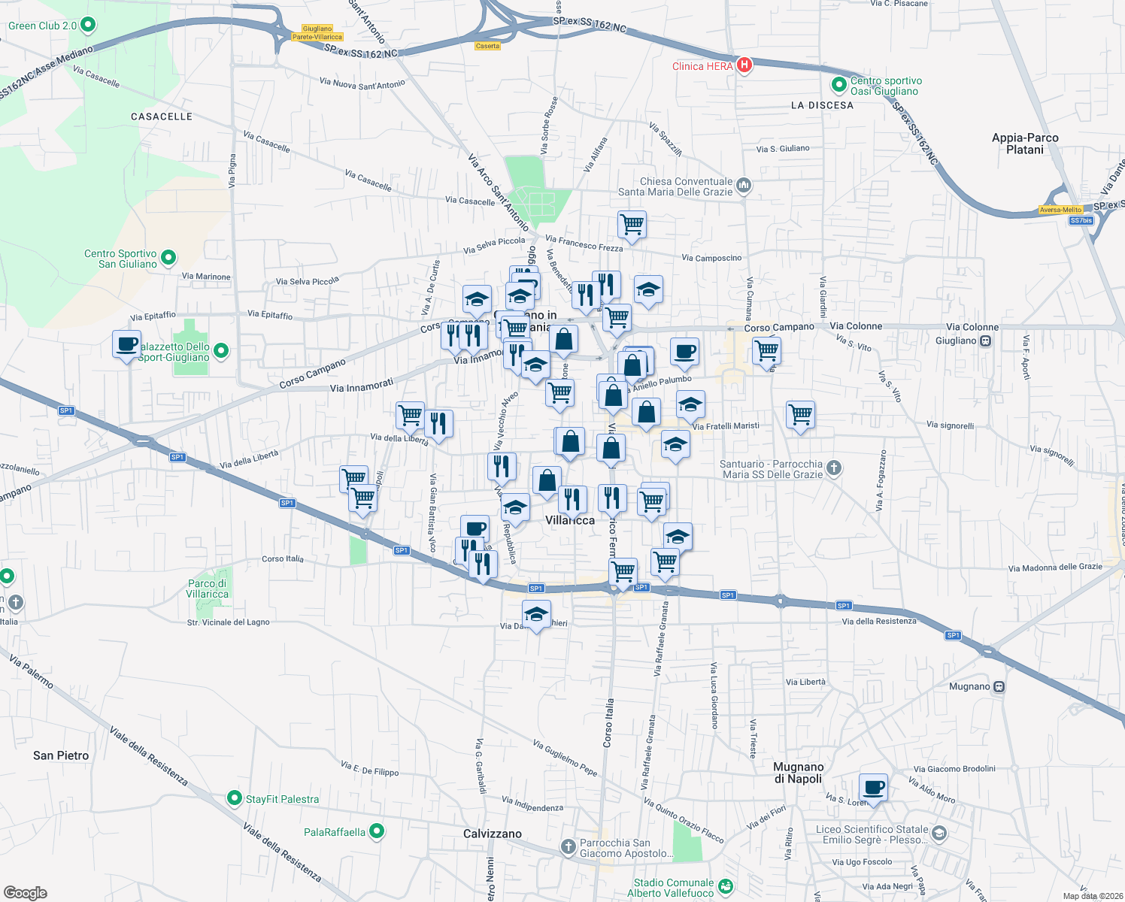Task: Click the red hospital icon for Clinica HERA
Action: [744, 65]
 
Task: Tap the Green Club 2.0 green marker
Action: [87, 26]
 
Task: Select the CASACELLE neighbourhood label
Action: [162, 117]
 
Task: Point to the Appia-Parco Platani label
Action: [1025, 144]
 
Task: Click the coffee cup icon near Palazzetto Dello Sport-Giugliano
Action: [127, 345]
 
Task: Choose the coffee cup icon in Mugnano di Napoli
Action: [873, 788]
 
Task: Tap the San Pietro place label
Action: [61, 755]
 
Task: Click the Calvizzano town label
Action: [493, 834]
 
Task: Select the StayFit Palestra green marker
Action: [235, 798]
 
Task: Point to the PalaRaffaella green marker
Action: [377, 831]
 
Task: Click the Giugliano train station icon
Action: [986, 341]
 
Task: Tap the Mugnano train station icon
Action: [999, 686]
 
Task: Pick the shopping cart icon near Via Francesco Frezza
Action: [632, 224]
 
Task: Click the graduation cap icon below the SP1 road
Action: [536, 615]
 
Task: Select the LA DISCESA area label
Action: [822, 105]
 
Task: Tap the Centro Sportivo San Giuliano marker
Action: [168, 258]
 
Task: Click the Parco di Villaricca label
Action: [207, 589]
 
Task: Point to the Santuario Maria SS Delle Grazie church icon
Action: [833, 468]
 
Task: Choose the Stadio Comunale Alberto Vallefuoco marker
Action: [725, 887]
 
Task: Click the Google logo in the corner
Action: [26, 892]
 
